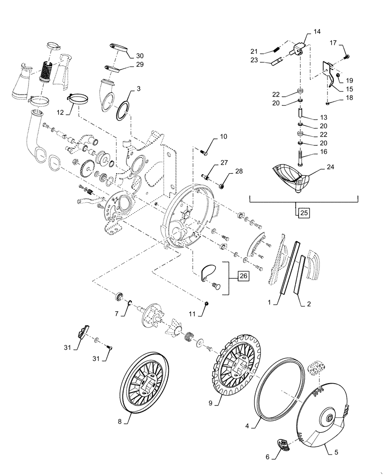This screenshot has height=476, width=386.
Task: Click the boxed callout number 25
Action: [303, 212]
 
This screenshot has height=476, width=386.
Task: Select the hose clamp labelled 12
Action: [79, 99]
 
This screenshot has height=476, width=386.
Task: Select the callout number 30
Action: [139, 56]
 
